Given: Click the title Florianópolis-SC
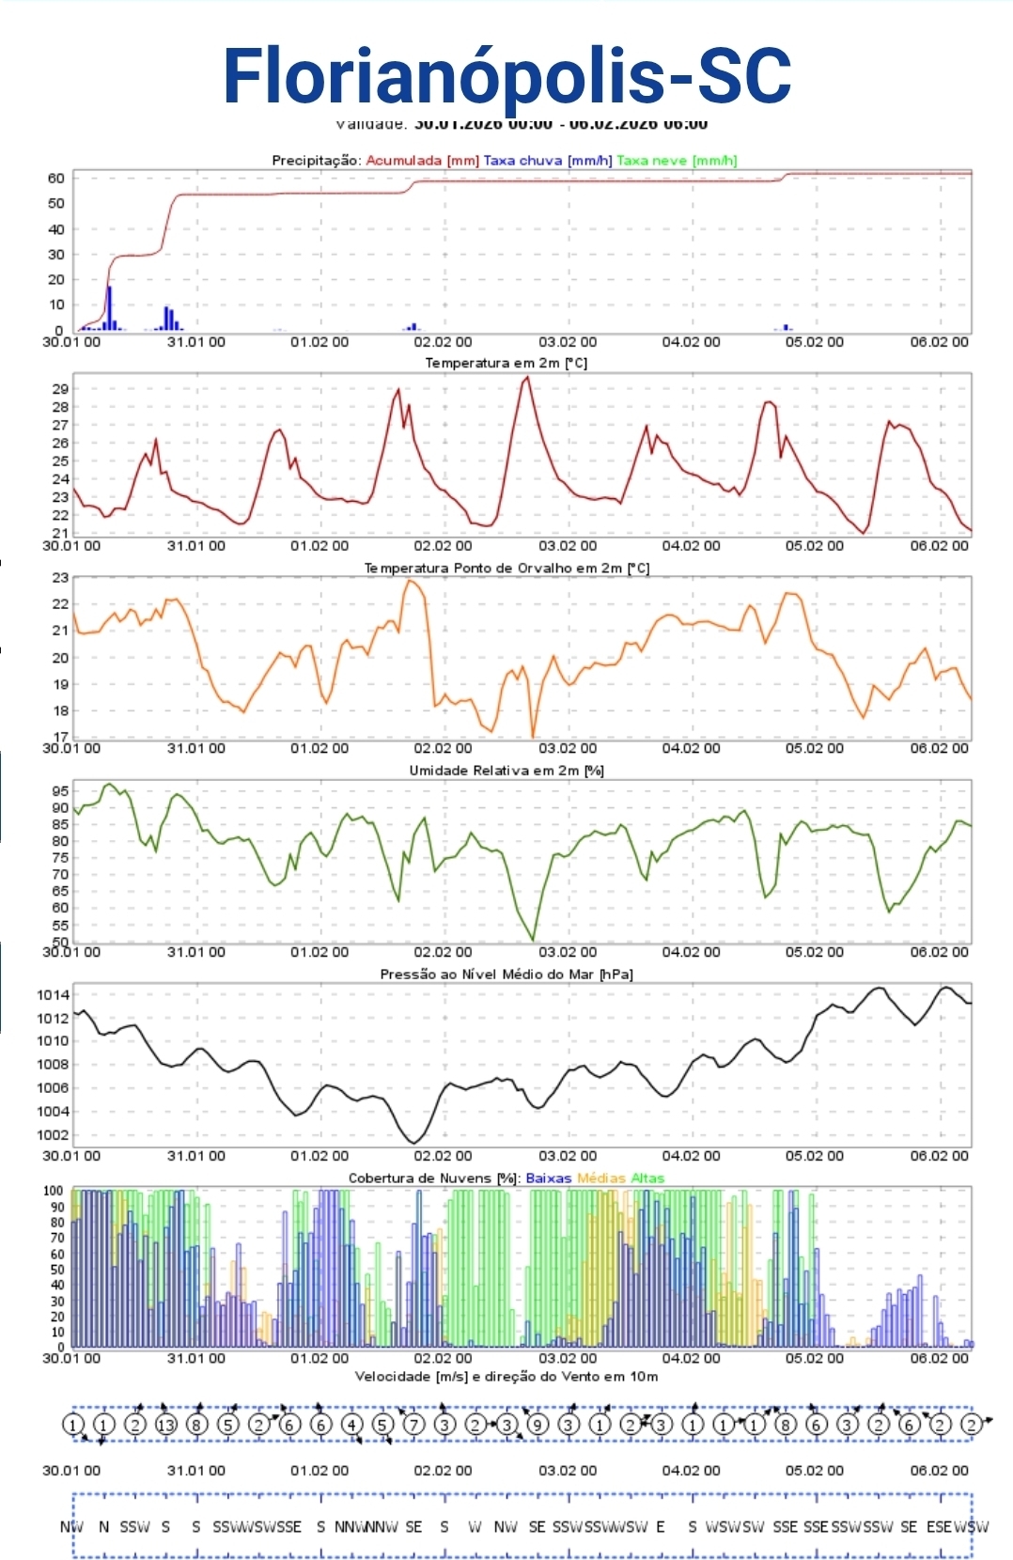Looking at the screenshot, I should click(506, 75).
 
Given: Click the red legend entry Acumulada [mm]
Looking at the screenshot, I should click(422, 160).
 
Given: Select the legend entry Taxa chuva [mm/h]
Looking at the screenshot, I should click(547, 160).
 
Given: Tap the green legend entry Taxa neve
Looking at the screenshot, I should click(677, 160).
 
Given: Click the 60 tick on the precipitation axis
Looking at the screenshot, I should click(56, 178).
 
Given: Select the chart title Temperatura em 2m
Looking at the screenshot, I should click(506, 363).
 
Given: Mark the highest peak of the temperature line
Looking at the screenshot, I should click(527, 378).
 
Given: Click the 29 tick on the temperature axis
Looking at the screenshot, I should click(60, 388).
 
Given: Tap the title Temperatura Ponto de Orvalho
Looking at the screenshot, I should click(506, 568).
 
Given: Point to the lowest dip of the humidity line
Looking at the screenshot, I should click(533, 938).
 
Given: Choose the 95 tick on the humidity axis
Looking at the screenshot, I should click(60, 790).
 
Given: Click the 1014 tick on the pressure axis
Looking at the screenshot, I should click(54, 994).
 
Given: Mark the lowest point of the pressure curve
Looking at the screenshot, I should click(414, 1142).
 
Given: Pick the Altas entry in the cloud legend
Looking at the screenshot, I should click(647, 1178).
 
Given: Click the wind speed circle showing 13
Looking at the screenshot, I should click(165, 1425).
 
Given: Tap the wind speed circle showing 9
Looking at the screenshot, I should click(538, 1425).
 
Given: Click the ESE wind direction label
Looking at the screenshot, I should click(939, 1526).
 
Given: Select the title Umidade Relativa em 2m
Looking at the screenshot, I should click(506, 771).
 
